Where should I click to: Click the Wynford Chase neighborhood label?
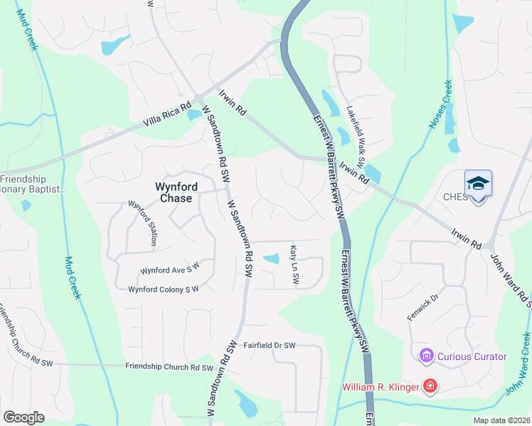[174, 192]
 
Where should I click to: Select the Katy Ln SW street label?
[293, 266]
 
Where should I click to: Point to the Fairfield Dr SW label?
[269, 346]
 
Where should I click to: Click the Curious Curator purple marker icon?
[427, 356]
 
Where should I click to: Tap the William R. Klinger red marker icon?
[430, 386]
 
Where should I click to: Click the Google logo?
[23, 417]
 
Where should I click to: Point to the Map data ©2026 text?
[502, 420]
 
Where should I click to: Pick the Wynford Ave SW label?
[170, 271]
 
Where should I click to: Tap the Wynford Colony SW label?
[163, 289]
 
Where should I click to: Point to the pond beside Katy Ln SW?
[271, 259]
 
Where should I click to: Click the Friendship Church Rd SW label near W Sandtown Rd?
[169, 367]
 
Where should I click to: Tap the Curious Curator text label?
[472, 356]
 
